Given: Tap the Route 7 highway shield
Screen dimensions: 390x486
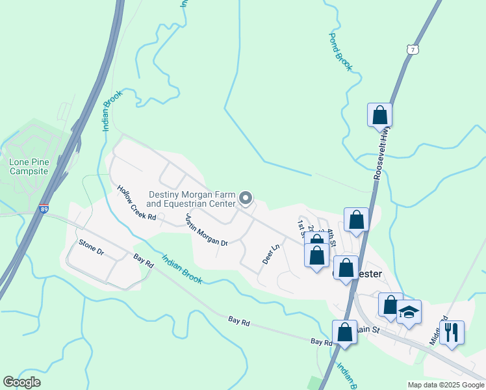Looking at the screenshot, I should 412,49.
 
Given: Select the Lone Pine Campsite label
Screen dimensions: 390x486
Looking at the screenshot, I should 29,166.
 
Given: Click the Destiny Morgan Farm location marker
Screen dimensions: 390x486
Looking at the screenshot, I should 246,197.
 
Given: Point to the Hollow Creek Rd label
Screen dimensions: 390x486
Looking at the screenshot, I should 137,203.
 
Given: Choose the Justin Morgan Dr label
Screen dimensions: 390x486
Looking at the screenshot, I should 207,230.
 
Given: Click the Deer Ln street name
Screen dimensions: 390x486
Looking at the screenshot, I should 270,253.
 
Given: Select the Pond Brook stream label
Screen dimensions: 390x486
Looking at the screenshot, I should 340,51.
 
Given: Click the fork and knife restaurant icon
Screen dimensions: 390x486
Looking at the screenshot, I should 452,332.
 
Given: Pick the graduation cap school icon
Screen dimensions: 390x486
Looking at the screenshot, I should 409,313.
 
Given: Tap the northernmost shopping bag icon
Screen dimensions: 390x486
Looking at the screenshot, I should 379,116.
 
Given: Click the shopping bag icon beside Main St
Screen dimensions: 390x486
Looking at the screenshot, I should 344,332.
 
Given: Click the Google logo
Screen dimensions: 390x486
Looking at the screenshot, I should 22,382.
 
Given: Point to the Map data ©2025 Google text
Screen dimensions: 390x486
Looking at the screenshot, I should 445,384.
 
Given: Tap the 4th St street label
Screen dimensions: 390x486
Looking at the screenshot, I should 331,238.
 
